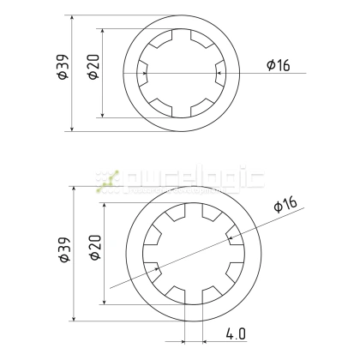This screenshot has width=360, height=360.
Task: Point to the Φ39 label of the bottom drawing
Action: (62, 249)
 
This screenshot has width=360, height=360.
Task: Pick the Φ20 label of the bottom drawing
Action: (94, 249)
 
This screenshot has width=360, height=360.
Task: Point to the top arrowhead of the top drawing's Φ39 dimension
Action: (71, 18)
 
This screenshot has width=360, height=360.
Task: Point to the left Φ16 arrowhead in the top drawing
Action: (145, 74)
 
